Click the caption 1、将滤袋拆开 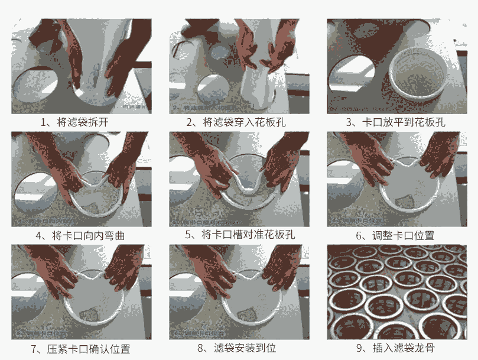pyautogui.click(x=74, y=122)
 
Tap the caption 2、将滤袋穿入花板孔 pyautogui.click(x=236, y=122)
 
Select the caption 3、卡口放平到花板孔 pyautogui.click(x=395, y=122)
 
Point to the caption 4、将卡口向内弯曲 pyautogui.click(x=80, y=235)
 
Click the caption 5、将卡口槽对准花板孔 pyautogui.click(x=240, y=234)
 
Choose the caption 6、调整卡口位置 pyautogui.click(x=395, y=235)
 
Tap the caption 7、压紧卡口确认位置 pyautogui.click(x=80, y=349)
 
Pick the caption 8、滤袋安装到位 pyautogui.click(x=237, y=348)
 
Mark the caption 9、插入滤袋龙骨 pyautogui.click(x=395, y=348)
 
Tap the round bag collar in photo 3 pyautogui.click(x=418, y=73)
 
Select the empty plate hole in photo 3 pyautogui.click(x=350, y=73)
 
